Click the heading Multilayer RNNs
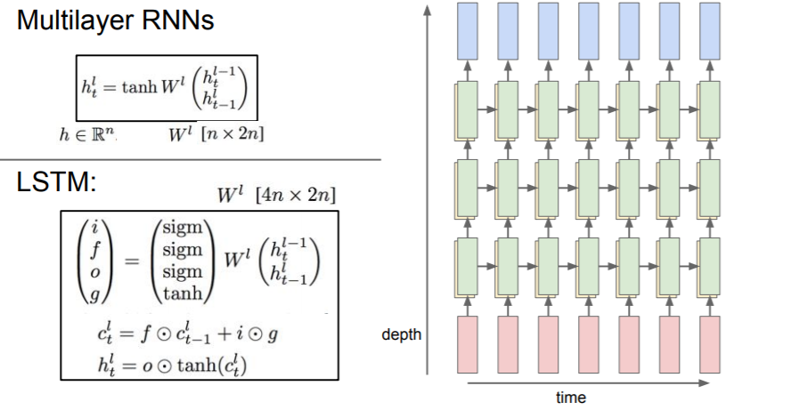[115, 20]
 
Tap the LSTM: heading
[56, 182]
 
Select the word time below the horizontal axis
[570, 398]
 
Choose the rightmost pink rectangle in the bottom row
[710, 345]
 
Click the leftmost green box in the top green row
[468, 110]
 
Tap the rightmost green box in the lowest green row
[712, 265]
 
